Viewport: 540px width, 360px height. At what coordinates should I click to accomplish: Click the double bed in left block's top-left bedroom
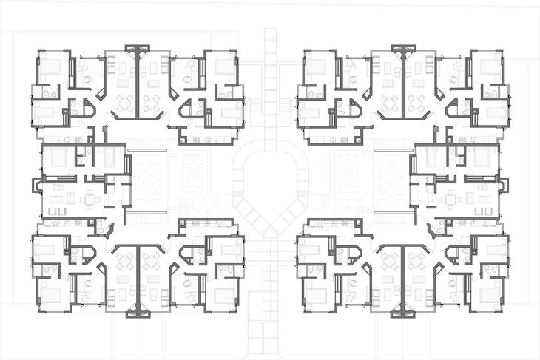coord(51,67)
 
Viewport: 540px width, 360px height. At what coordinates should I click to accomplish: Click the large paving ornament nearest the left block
coord(147,180)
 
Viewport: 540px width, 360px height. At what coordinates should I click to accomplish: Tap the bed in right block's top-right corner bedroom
coord(490,67)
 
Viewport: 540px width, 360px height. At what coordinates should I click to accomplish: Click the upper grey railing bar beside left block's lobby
coord(147,151)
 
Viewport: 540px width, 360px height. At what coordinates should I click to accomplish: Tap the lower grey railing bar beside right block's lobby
coord(393,211)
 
